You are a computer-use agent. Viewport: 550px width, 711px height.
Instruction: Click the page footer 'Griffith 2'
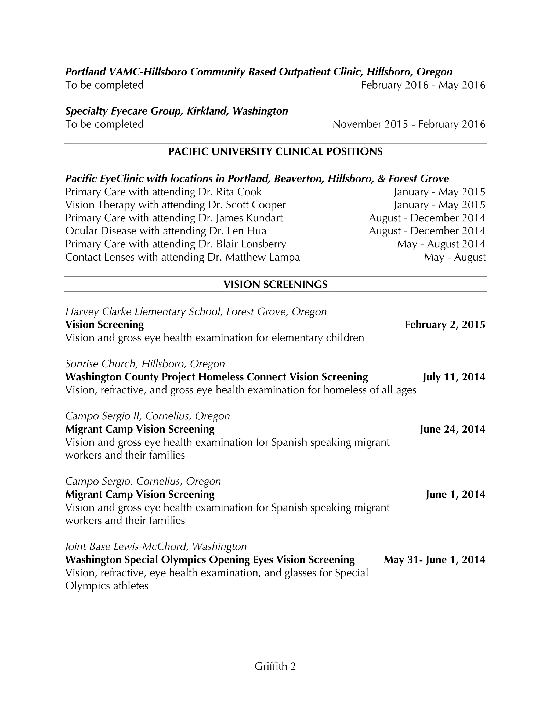tap(275, 666)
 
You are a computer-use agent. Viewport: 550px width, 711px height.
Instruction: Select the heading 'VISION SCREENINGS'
tap(275, 284)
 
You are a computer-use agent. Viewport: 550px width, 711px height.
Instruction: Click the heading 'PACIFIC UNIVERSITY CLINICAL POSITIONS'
tap(275, 151)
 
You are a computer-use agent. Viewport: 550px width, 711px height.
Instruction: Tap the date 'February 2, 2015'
tap(445, 325)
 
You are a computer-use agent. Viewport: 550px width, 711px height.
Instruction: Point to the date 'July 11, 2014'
tap(454, 377)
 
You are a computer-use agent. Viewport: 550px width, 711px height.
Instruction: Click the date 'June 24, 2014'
tap(452, 429)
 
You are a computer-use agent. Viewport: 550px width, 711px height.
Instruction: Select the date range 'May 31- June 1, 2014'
tap(434, 560)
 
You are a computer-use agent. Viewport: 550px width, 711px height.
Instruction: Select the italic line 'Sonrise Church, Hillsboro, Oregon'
tap(145, 364)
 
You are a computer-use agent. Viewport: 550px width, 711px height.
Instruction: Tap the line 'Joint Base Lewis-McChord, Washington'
tap(156, 546)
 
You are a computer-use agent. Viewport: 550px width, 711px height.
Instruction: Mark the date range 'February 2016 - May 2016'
tap(423, 85)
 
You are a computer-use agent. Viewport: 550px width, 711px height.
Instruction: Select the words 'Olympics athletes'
tap(107, 586)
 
